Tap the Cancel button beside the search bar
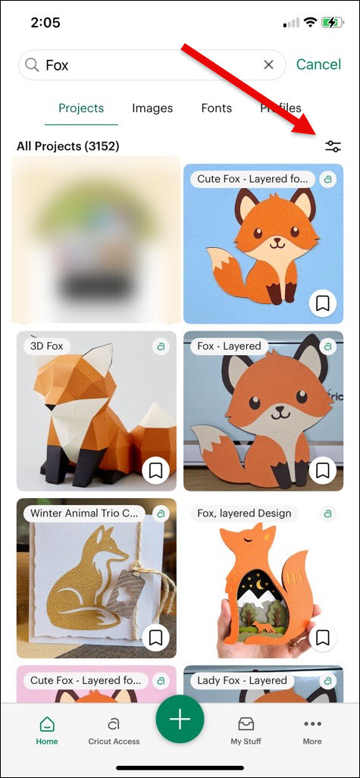[318, 65]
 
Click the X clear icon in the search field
[268, 65]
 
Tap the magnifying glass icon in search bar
[32, 65]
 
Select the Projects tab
[81, 108]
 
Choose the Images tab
[152, 108]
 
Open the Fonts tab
[216, 108]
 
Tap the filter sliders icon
[333, 146]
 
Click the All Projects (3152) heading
[68, 146]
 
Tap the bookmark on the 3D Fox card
[156, 471]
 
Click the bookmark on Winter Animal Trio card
[156, 637]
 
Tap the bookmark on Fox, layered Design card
[323, 637]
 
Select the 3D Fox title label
[45, 347]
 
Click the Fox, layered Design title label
[243, 513]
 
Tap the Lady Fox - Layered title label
[242, 680]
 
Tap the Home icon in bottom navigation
[47, 731]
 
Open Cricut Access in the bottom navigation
[114, 731]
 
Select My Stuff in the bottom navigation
[246, 731]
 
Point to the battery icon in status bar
[330, 23]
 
